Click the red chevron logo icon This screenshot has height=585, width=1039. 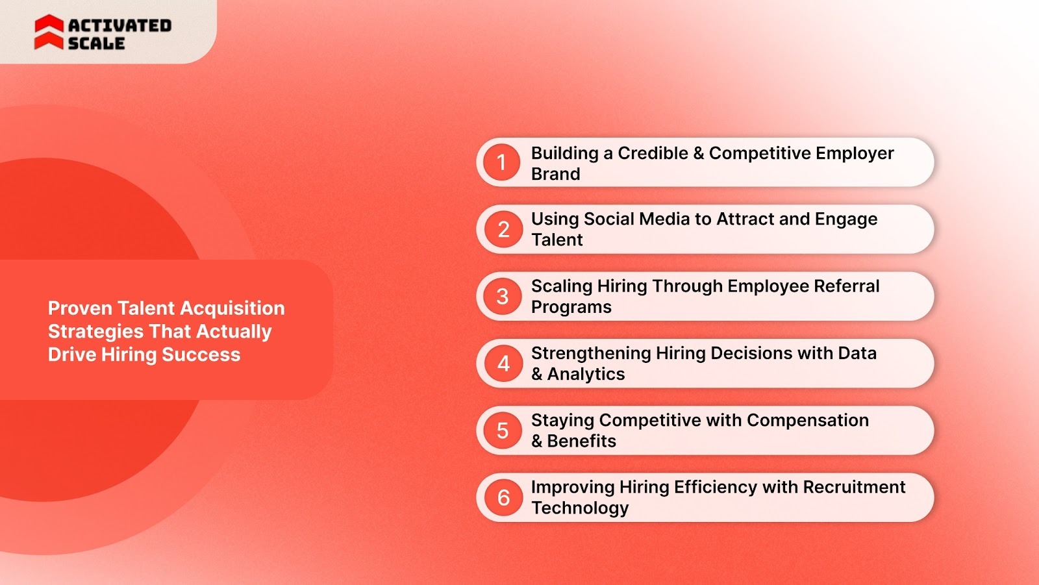(x=49, y=32)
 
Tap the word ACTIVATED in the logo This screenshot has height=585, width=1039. (x=119, y=25)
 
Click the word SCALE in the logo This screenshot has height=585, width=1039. (x=96, y=44)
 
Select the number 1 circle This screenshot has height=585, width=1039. (x=501, y=162)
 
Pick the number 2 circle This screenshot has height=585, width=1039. (x=503, y=229)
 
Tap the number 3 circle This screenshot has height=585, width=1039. (x=503, y=297)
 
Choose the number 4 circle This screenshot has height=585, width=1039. (x=503, y=364)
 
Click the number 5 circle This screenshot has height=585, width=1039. (x=503, y=430)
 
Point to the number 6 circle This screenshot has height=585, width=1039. (x=503, y=497)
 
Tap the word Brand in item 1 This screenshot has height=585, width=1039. (x=555, y=174)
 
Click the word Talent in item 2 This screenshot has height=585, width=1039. (x=557, y=240)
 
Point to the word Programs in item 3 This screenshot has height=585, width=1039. (x=571, y=307)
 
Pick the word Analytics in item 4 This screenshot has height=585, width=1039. (x=586, y=374)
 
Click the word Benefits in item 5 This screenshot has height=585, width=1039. (x=581, y=441)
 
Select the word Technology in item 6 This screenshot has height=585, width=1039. (x=580, y=508)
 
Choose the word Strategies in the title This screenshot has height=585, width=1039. (x=95, y=332)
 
